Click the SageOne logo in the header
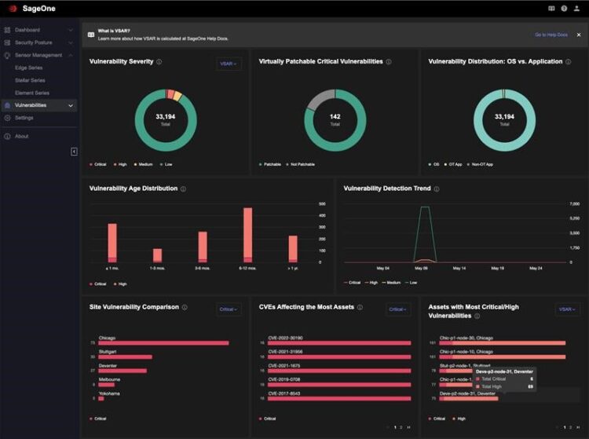pos(31,8)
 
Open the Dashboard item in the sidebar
pos(27,30)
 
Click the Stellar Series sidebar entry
pos(30,80)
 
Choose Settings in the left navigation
pos(24,118)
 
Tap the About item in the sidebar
pos(21,136)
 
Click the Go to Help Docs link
pos(551,35)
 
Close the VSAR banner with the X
pos(579,35)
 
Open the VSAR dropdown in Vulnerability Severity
pos(229,64)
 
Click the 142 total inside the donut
pos(335,119)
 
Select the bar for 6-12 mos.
pos(247,234)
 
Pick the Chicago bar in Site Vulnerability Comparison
pos(163,343)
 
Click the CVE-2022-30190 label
pos(285,338)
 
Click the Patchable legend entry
pos(272,164)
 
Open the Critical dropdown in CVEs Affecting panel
pos(398,309)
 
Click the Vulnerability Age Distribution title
pos(134,188)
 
